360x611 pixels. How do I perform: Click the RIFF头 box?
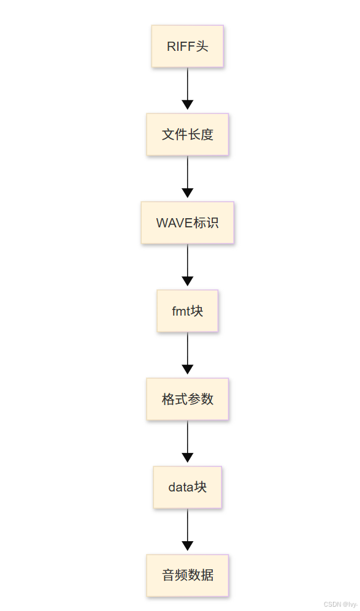(187, 46)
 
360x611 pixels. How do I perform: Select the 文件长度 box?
(187, 134)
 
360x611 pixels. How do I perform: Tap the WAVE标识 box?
(187, 222)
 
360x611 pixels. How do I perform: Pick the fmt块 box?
(187, 311)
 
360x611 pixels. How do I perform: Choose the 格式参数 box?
(187, 399)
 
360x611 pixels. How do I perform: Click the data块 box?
(187, 487)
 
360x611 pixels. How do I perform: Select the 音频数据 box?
(187, 575)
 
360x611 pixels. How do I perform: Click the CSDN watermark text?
(340, 604)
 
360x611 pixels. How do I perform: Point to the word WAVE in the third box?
(174, 223)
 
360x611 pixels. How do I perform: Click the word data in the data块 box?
(181, 488)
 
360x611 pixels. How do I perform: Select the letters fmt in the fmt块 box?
(181, 311)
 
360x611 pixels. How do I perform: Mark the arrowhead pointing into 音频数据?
(188, 545)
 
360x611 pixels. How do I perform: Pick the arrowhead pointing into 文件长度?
(188, 104)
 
